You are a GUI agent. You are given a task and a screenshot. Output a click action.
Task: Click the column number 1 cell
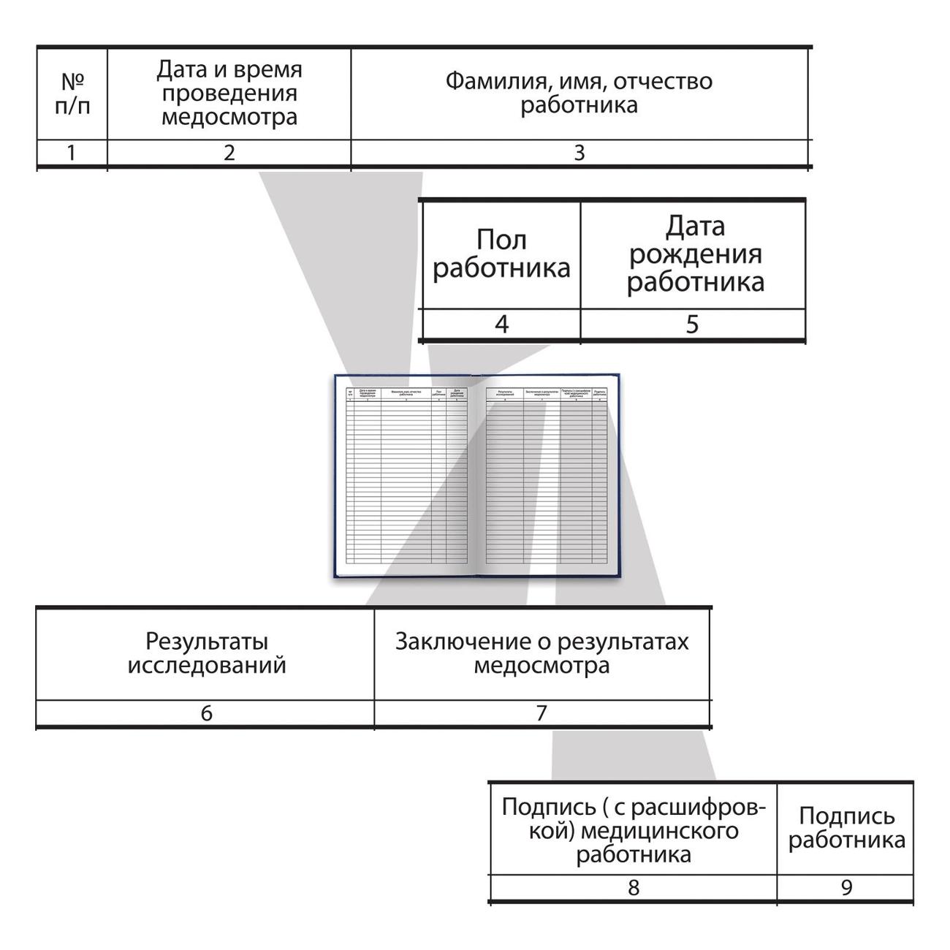pos(72,153)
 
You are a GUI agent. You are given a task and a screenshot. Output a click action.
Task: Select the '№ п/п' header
pos(72,94)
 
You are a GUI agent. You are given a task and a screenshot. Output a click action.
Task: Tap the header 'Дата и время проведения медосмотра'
pos(229,94)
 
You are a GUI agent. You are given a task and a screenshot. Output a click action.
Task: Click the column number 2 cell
pos(229,153)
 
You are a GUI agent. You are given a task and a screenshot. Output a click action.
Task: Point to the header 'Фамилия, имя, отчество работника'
pos(579,93)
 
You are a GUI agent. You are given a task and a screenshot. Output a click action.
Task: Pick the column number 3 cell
pos(579,153)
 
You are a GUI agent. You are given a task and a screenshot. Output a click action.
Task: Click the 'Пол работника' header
pos(501,254)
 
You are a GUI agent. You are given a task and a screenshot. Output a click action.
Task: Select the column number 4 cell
pos(501,324)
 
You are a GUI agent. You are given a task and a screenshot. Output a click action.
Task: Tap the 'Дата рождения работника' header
pos(693,254)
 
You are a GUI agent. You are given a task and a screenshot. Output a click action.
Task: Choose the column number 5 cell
pos(693,324)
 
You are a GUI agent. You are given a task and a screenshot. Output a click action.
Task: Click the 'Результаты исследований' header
pos(206,653)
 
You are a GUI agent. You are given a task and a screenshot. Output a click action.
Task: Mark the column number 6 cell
pos(206,712)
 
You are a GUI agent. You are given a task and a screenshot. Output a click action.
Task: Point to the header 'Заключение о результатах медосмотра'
pos(541,653)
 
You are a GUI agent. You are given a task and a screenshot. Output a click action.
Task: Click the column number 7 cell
pos(541,712)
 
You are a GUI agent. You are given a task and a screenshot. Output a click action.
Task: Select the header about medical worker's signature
pos(633,830)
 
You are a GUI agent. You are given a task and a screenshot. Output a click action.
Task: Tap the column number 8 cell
pos(633,887)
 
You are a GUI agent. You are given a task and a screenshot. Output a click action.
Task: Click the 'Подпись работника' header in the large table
pos(845,828)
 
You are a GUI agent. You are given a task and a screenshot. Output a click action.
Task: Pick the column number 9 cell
pos(845,887)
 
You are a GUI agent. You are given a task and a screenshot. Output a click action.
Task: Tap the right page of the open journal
pos(544,475)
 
